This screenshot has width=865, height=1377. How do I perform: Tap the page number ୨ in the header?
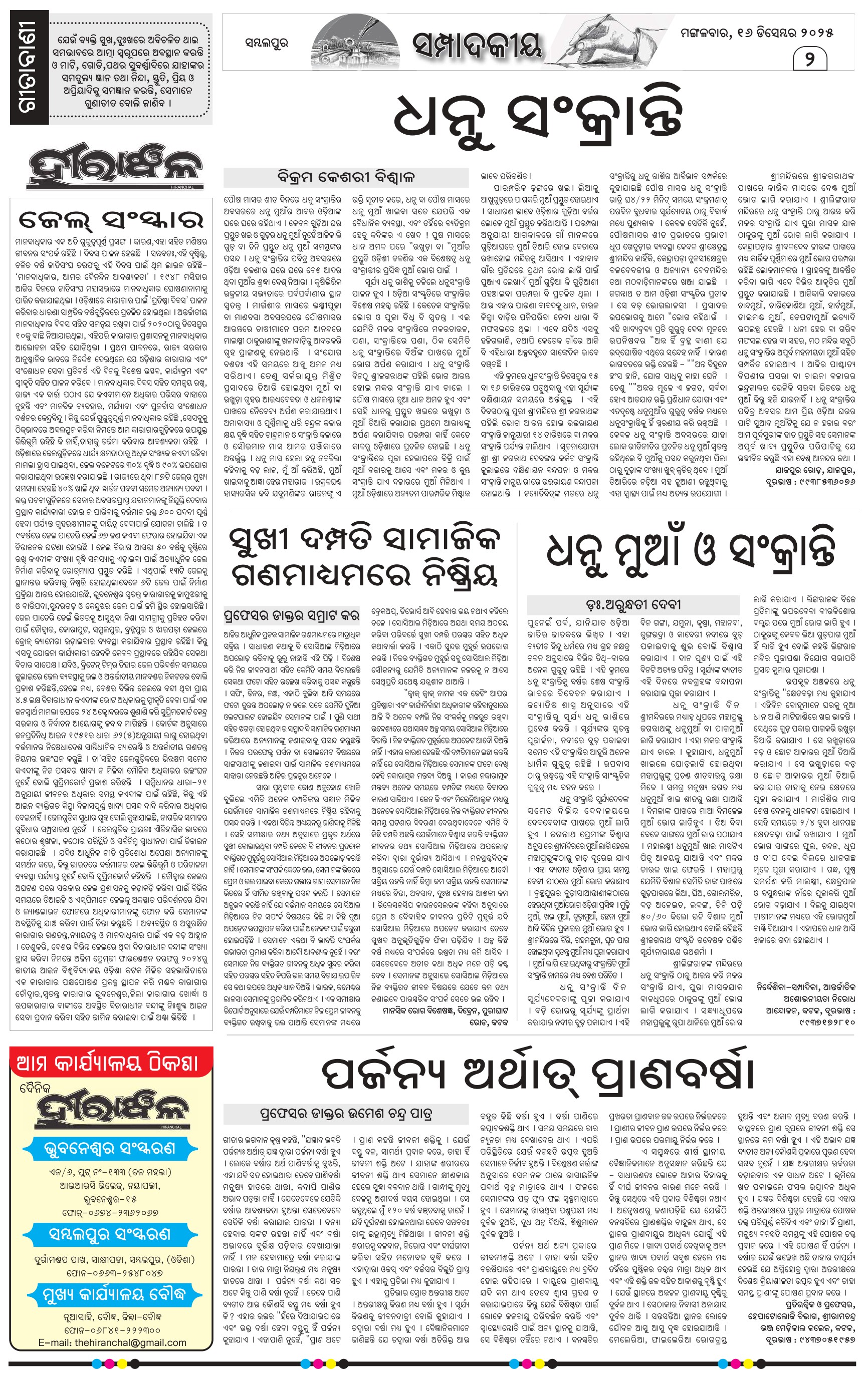[x=809, y=58]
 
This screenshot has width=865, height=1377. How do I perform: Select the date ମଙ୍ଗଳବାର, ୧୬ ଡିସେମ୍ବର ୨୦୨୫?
[x=756, y=33]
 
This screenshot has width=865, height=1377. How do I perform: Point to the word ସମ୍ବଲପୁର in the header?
[x=266, y=43]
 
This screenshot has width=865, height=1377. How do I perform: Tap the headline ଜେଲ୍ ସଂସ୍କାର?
[x=111, y=219]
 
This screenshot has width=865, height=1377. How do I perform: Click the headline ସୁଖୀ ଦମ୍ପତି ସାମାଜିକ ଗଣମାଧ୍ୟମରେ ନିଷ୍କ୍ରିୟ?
[x=364, y=557]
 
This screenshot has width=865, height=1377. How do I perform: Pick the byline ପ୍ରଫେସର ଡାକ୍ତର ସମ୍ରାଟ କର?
[x=292, y=615]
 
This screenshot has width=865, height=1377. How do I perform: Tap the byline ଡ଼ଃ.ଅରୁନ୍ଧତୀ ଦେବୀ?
[x=633, y=604]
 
